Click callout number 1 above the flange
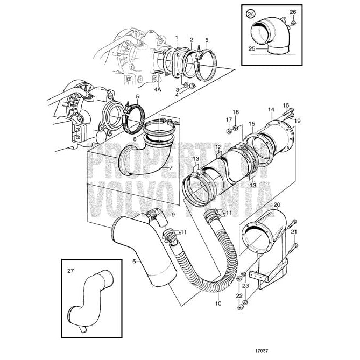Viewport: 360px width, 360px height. pyautogui.click(x=176, y=35)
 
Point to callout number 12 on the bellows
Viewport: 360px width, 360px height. pyautogui.click(x=218, y=146)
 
